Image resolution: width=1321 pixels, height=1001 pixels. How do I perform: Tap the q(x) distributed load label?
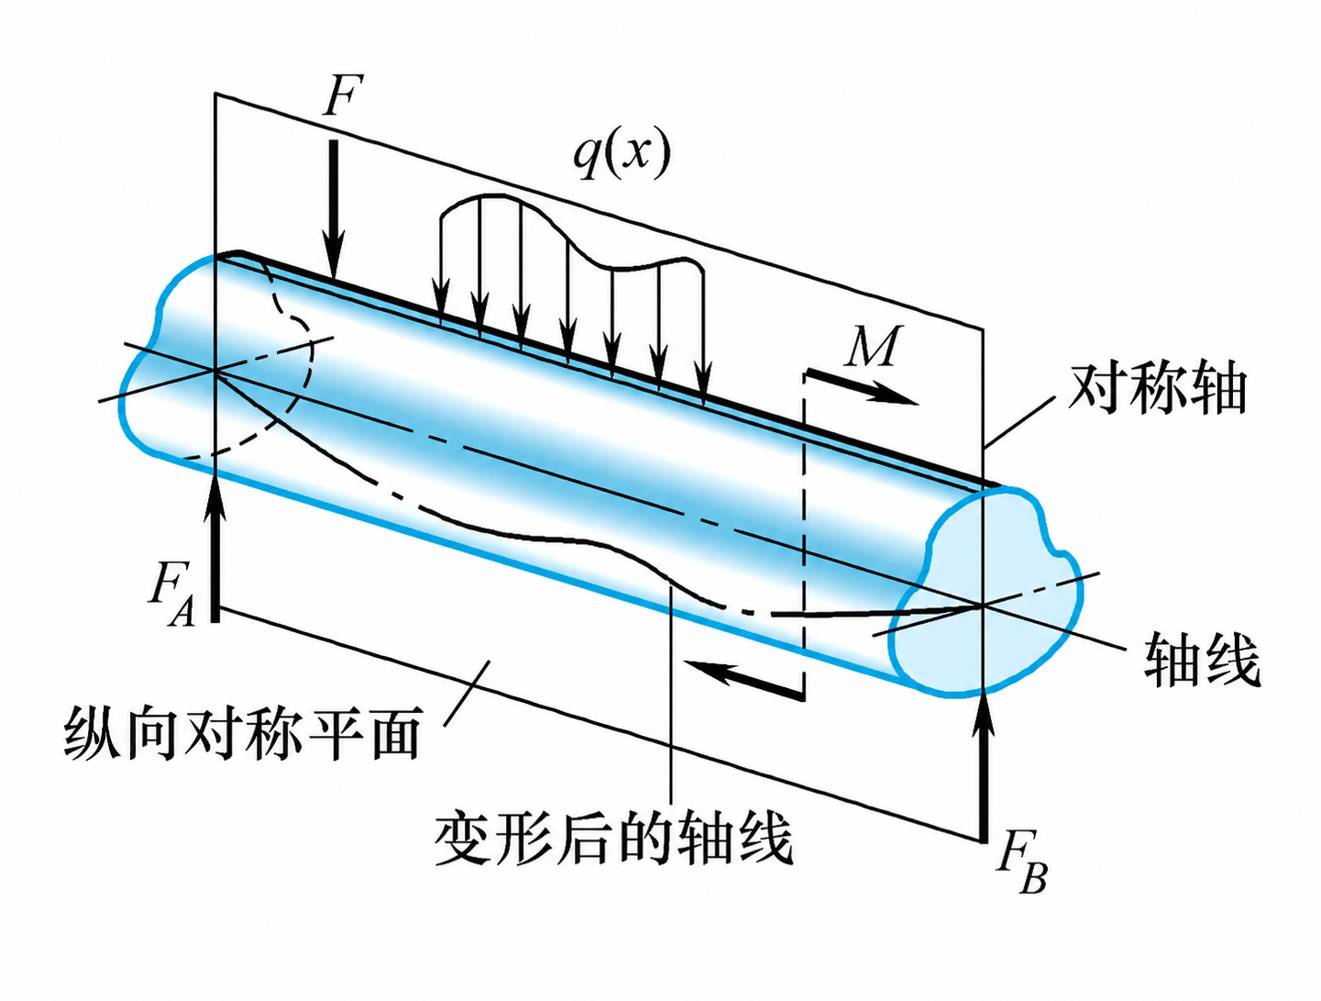click(621, 152)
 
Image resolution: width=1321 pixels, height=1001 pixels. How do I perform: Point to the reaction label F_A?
click(172, 593)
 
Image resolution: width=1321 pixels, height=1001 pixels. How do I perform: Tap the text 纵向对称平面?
click(242, 734)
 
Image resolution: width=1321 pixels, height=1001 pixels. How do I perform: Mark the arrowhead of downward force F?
click(335, 265)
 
